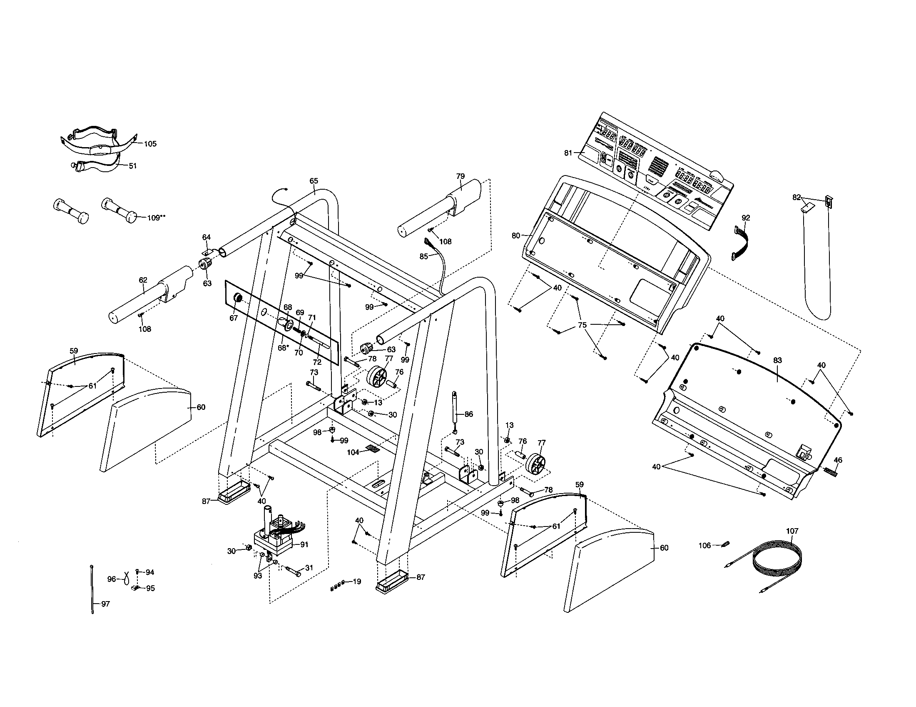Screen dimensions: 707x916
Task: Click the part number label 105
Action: [150, 143]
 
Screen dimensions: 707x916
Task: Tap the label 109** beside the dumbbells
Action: [157, 218]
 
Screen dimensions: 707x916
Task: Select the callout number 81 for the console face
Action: [568, 153]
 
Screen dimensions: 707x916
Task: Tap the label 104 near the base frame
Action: [353, 452]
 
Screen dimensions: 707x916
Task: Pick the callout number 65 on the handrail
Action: [314, 181]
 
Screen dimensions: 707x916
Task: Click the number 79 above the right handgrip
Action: [460, 176]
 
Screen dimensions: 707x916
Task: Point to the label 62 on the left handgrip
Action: [143, 280]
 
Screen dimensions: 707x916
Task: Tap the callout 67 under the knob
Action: [234, 318]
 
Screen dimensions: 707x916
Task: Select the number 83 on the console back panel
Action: [778, 360]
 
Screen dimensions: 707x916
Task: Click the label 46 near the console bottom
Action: [838, 460]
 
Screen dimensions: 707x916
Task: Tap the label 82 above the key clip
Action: [797, 197]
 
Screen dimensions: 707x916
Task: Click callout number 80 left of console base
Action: [516, 236]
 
